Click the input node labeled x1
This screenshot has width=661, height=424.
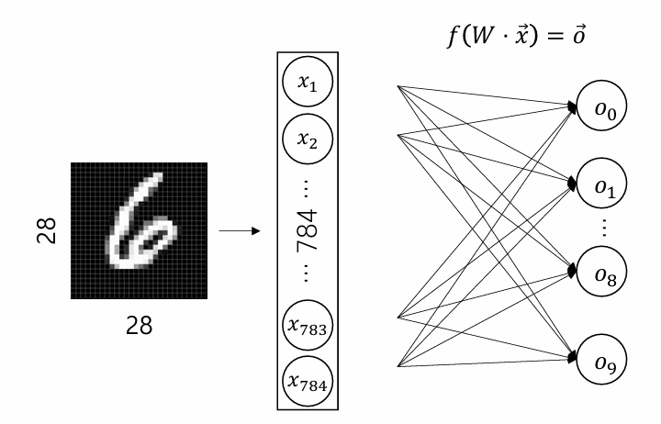tap(308, 82)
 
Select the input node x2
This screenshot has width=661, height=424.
tap(308, 139)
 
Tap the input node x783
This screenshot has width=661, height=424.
tap(308, 325)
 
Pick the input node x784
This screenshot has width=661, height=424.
tap(308, 382)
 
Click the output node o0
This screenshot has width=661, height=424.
tap(601, 106)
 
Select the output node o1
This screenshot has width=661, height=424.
tap(601, 183)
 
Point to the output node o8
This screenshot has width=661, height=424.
tap(601, 272)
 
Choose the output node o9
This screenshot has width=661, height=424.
tap(601, 360)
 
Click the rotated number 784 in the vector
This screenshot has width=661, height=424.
tap(308, 230)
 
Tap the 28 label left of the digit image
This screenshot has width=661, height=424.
tap(47, 230)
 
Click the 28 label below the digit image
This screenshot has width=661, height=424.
tap(140, 326)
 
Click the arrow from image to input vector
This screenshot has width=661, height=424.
tap(240, 230)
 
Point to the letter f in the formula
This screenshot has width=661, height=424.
tap(454, 36)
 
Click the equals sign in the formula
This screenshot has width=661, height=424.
tap(555, 36)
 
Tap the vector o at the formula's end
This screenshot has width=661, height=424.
tap(578, 36)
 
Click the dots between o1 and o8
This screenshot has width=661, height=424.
tap(604, 228)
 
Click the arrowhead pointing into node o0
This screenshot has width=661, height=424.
tap(572, 107)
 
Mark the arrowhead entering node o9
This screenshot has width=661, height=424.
tap(572, 358)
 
